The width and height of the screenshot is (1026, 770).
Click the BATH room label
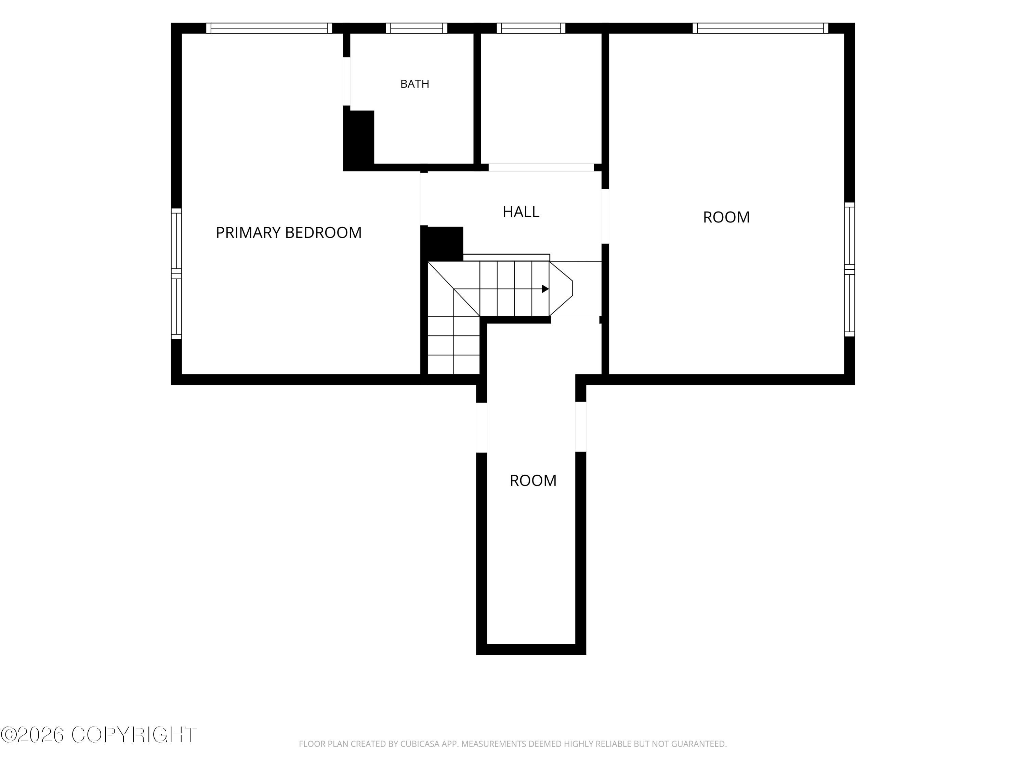415,84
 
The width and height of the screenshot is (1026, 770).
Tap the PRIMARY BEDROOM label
289,232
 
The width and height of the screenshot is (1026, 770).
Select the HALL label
521,211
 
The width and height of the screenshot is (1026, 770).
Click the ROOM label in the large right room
726,217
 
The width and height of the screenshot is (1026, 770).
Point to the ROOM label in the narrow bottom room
533,480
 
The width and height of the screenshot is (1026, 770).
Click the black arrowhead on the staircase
545,289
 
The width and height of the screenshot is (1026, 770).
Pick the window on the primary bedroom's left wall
176,274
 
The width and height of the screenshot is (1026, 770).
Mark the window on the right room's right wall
849,269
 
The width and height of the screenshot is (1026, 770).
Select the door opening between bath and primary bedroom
346,81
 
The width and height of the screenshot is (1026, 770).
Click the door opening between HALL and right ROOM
605,216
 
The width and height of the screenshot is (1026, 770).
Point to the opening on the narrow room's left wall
482,427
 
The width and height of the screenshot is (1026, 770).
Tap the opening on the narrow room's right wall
581,426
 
